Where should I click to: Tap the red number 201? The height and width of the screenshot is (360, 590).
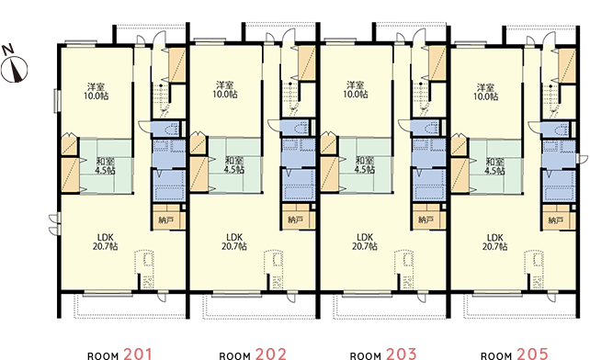(138, 354)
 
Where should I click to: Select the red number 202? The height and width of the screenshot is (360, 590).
(270, 354)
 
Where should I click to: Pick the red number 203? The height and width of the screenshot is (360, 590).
(401, 354)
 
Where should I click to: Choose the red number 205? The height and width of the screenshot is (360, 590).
(532, 354)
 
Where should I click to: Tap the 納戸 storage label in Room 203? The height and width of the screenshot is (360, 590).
(425, 219)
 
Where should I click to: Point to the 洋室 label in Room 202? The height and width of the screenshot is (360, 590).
(225, 85)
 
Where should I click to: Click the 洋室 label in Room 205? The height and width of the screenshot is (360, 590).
(486, 87)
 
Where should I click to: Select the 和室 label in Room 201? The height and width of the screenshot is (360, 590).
(106, 162)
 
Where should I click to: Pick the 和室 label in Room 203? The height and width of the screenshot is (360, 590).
(365, 160)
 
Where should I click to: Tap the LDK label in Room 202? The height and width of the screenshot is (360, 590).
(234, 237)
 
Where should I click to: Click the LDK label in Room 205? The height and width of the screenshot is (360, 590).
(495, 238)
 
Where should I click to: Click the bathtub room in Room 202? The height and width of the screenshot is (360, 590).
(299, 186)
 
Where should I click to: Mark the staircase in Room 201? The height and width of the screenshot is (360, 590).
(161, 98)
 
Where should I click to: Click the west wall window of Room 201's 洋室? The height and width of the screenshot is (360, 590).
(56, 100)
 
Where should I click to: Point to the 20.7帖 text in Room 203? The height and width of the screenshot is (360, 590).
(365, 246)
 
